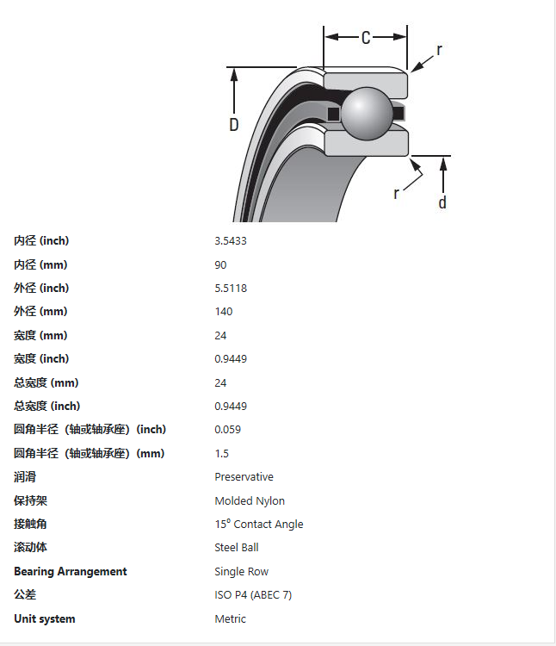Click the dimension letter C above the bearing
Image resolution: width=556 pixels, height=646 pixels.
pyautogui.click(x=366, y=38)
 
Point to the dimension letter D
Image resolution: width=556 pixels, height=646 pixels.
pyautogui.click(x=233, y=125)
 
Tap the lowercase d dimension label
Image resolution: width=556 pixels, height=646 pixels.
pyautogui.click(x=442, y=202)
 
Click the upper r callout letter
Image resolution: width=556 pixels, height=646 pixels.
pyautogui.click(x=439, y=50)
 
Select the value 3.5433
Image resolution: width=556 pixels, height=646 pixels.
pyautogui.click(x=231, y=241)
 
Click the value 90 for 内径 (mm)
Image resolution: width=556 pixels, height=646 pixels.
pyautogui.click(x=220, y=264)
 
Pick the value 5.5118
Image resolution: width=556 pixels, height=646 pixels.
pyautogui.click(x=231, y=288)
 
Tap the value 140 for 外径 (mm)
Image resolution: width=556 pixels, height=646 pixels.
pyautogui.click(x=224, y=312)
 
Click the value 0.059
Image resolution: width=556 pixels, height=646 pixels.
pyautogui.click(x=228, y=430)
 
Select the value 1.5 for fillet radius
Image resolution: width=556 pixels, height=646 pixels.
pyautogui.click(x=222, y=453)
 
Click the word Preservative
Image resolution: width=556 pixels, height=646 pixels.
pyautogui.click(x=244, y=477)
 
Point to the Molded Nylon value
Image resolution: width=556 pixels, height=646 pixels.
pyautogui.click(x=250, y=500)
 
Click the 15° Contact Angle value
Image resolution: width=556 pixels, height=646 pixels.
pyautogui.click(x=259, y=524)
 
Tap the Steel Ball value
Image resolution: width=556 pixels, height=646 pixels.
pyautogui.click(x=237, y=547)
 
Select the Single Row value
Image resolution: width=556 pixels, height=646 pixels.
pyautogui.click(x=242, y=571)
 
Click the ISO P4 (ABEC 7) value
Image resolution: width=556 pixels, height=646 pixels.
pyautogui.click(x=253, y=595)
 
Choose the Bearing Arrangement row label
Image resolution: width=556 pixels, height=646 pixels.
pyautogui.click(x=71, y=571)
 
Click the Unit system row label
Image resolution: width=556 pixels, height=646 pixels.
pyautogui.click(x=45, y=618)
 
